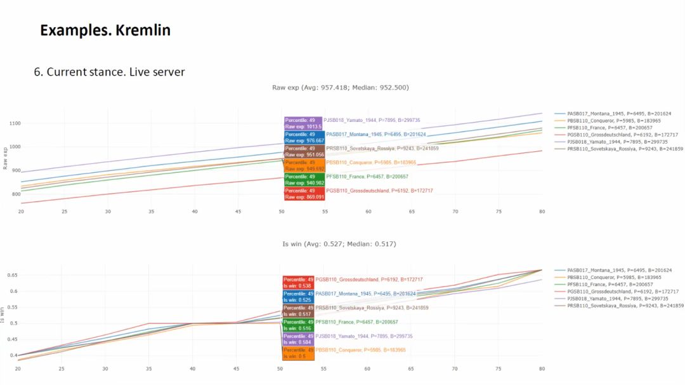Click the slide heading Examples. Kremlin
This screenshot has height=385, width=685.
(x=105, y=30)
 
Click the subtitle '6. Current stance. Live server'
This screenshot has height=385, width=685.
(x=109, y=72)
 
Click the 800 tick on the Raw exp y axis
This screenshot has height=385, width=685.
(x=15, y=194)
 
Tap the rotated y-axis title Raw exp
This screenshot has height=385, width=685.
(x=5, y=158)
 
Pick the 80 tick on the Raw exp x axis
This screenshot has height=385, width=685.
(x=542, y=212)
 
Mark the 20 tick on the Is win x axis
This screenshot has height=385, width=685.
(x=21, y=368)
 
